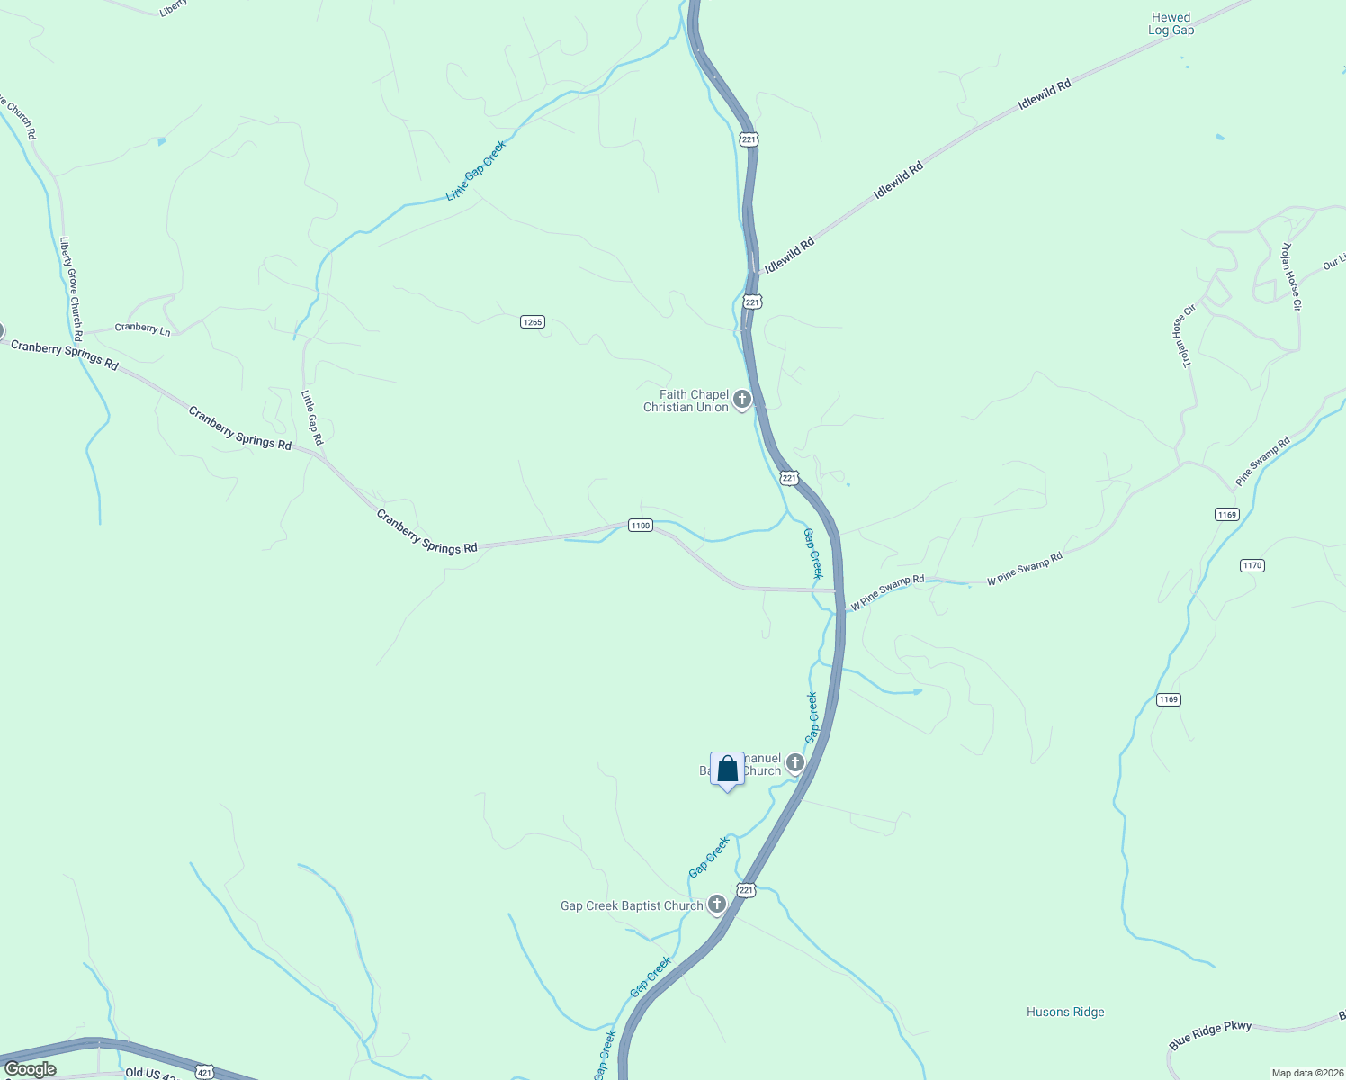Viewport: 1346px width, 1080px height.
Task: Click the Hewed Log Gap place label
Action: (1171, 24)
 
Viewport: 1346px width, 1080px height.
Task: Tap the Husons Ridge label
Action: (1065, 1012)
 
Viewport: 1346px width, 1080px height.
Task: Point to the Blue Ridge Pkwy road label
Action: (1210, 1035)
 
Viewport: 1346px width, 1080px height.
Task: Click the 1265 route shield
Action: (533, 321)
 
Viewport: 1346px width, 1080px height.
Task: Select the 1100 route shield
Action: (640, 526)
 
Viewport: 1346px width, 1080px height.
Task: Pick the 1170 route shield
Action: (1252, 565)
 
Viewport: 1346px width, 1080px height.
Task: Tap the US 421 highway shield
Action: (204, 1072)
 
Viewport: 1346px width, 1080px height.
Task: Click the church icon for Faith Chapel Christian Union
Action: (742, 400)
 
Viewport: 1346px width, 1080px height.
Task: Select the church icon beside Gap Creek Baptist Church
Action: (717, 904)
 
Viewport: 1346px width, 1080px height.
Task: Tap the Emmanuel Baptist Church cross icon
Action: (795, 764)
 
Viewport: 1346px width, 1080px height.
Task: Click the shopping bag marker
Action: (728, 770)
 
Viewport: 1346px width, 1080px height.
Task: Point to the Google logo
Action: (30, 1069)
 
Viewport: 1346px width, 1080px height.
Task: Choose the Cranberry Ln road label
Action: (142, 328)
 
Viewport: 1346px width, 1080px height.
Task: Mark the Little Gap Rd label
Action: (311, 418)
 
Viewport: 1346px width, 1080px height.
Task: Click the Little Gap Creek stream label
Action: (476, 170)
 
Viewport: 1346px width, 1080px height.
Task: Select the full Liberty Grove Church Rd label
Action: (71, 283)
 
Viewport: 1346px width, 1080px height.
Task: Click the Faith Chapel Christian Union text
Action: (686, 400)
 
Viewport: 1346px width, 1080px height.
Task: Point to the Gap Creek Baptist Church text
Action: (632, 905)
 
